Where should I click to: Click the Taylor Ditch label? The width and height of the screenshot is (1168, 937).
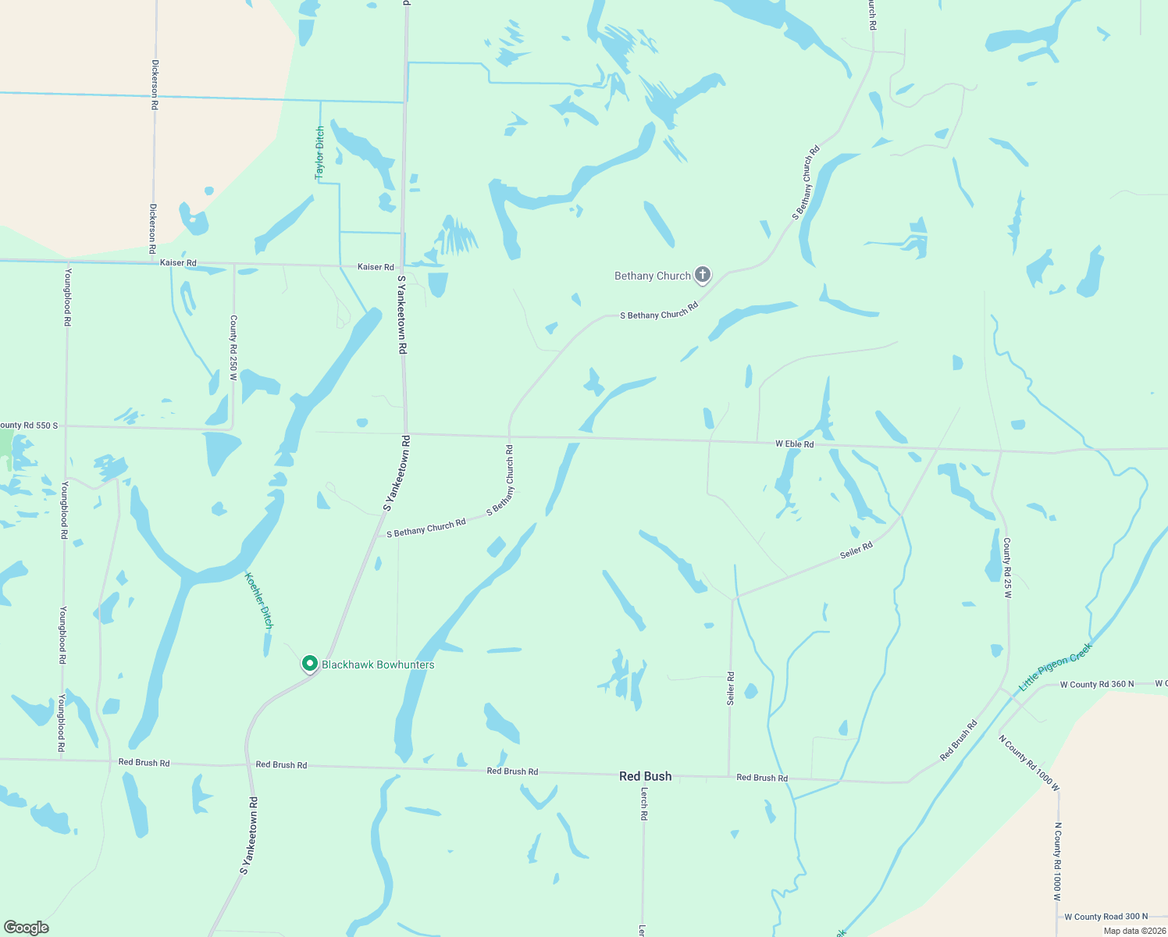point(319,153)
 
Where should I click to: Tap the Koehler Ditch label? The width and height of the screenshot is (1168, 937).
point(259,600)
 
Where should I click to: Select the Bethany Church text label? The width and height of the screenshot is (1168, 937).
point(652,276)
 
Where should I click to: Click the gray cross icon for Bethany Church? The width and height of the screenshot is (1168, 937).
point(703,274)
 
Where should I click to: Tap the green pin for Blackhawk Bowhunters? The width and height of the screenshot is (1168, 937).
point(310,664)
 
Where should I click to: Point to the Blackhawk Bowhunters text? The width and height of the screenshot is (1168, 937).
point(378,664)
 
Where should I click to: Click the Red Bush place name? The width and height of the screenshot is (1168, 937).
point(645,776)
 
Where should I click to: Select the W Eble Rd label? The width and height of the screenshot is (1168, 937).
point(794,444)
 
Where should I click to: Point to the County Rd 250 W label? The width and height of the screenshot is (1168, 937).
point(233,347)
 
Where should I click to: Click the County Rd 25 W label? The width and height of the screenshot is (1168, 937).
point(1007,568)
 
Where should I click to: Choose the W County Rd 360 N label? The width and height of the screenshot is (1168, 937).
point(1096,685)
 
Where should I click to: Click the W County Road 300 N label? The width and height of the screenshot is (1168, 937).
point(1106,917)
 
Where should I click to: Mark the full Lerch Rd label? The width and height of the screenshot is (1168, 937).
point(644,803)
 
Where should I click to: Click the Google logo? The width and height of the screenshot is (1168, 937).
point(27,927)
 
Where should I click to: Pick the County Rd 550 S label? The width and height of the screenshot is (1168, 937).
point(29,426)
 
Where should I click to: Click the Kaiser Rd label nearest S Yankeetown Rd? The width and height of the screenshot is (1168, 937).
point(376,267)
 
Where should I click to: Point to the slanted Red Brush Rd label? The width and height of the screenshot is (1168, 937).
point(958,740)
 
